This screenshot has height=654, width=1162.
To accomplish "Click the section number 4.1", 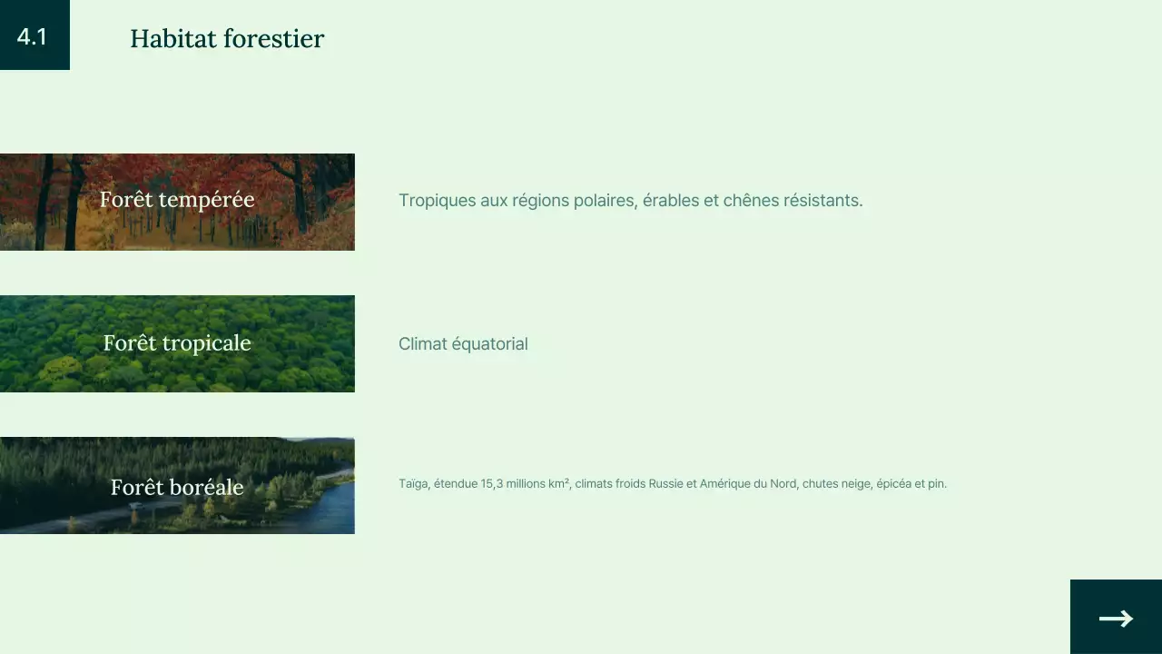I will [32, 37].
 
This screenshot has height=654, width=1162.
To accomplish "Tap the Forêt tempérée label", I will [177, 200].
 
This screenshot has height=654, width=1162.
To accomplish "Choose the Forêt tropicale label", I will [177, 343].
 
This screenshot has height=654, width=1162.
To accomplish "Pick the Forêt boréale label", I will [177, 488].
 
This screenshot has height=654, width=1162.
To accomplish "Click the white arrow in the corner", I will [1116, 619].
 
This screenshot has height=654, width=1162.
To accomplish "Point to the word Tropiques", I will [437, 201].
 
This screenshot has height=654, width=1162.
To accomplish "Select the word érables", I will [671, 201].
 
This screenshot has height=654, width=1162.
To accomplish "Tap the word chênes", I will [750, 201].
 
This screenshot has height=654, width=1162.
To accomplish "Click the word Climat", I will [422, 344].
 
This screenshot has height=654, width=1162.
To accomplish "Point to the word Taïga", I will [413, 484].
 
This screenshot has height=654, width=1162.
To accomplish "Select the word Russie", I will [665, 484].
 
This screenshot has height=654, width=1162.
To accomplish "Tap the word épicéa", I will [893, 484].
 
